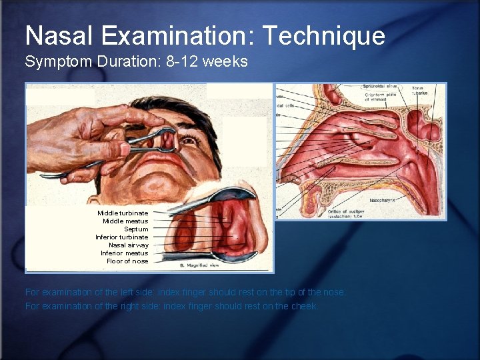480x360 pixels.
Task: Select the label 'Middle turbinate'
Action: tap(123, 213)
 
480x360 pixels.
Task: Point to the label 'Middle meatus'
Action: tap(125, 221)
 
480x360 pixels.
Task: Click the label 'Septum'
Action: tap(136, 229)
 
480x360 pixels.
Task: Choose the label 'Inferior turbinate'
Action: tap(122, 237)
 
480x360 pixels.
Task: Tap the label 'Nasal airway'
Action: tap(129, 245)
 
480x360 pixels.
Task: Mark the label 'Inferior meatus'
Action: tap(125, 253)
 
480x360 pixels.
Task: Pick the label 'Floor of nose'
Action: tap(127, 261)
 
